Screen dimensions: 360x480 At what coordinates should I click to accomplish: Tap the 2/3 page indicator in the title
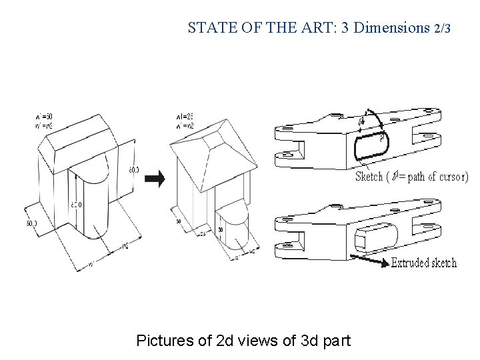442,29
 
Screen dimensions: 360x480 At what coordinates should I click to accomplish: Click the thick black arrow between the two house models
155,178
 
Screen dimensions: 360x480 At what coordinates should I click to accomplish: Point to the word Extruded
410,262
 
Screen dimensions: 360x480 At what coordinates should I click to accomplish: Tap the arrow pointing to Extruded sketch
369,259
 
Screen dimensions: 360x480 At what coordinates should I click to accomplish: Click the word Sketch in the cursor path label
369,177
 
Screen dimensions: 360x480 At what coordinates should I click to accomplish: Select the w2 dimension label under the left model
125,246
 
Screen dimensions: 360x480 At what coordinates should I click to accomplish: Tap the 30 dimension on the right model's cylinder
220,229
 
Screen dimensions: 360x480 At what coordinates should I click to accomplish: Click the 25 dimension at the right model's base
202,233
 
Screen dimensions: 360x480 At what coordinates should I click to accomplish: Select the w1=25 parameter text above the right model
185,117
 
